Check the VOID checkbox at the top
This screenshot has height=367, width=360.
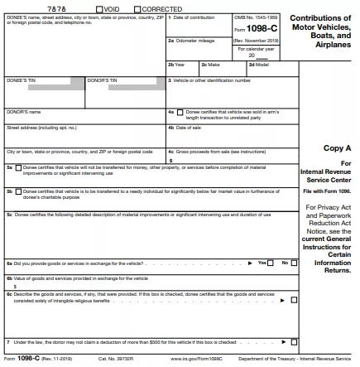pos(100,9)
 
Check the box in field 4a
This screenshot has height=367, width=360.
pos(180,112)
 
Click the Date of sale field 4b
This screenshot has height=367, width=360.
pos(232,133)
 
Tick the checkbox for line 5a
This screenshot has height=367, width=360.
pos(19,168)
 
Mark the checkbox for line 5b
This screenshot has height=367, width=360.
pos(19,191)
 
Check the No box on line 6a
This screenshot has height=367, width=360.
pos(294,263)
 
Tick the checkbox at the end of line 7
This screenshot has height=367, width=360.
pos(294,342)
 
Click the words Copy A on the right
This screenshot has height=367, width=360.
pos(338,148)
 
